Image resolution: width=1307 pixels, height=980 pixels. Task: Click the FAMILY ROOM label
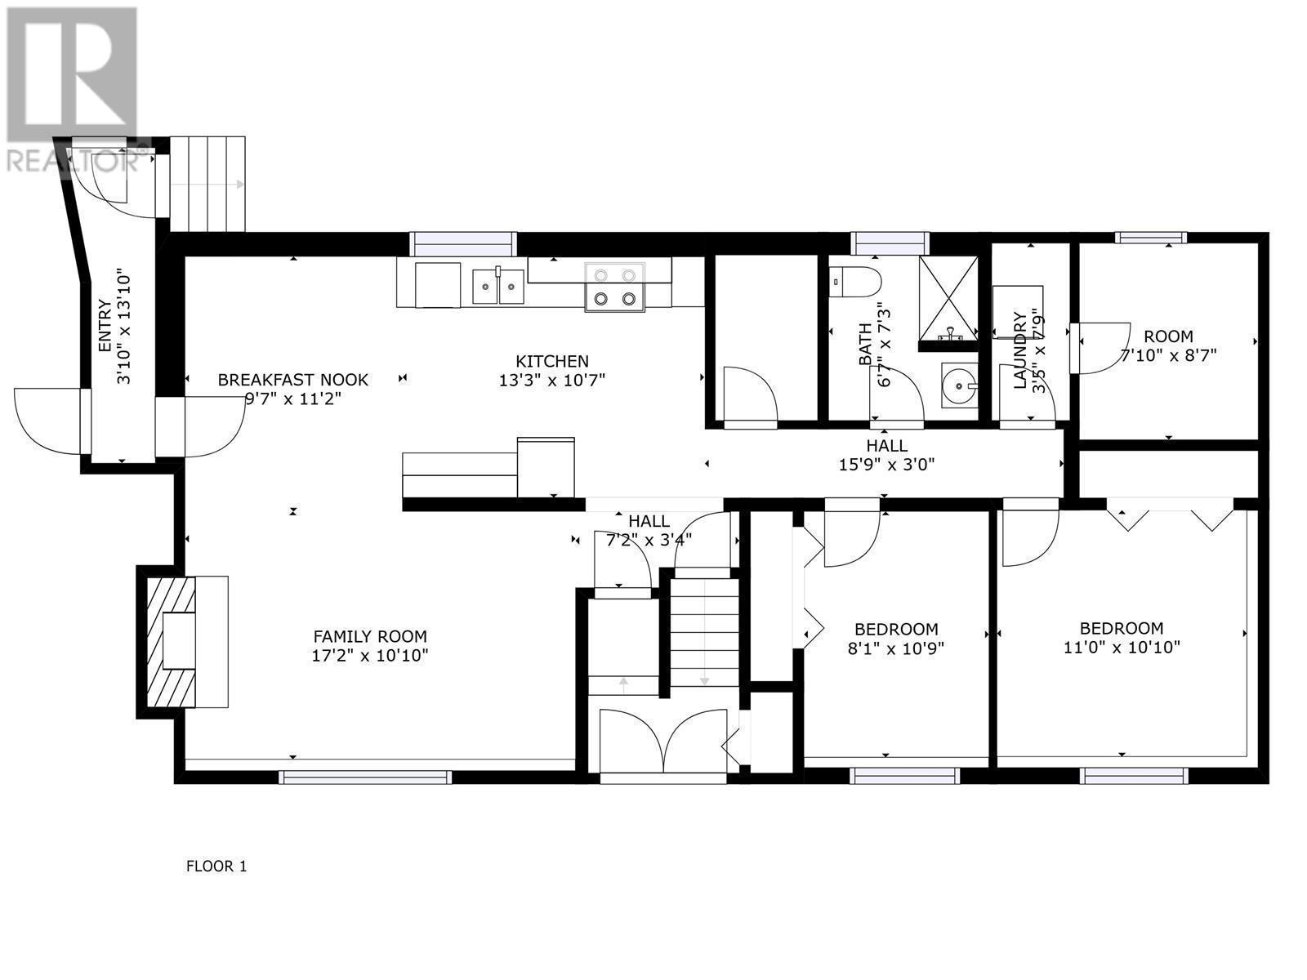coord(370,636)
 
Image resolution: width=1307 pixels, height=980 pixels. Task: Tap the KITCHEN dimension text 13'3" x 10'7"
coord(551,380)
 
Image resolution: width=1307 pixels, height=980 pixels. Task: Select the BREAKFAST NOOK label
coord(292,380)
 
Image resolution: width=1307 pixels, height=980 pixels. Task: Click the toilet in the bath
coord(855,283)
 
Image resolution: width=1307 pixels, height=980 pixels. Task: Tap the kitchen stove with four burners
coord(614,287)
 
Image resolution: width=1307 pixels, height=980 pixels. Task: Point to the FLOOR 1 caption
coord(216,866)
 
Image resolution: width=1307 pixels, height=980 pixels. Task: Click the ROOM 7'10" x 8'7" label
coord(1167,345)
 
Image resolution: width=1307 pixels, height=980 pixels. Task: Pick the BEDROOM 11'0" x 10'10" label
coord(1121,638)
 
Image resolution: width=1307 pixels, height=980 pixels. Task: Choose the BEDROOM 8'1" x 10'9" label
coord(896,639)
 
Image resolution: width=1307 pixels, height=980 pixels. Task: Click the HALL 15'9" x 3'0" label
coord(886,456)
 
